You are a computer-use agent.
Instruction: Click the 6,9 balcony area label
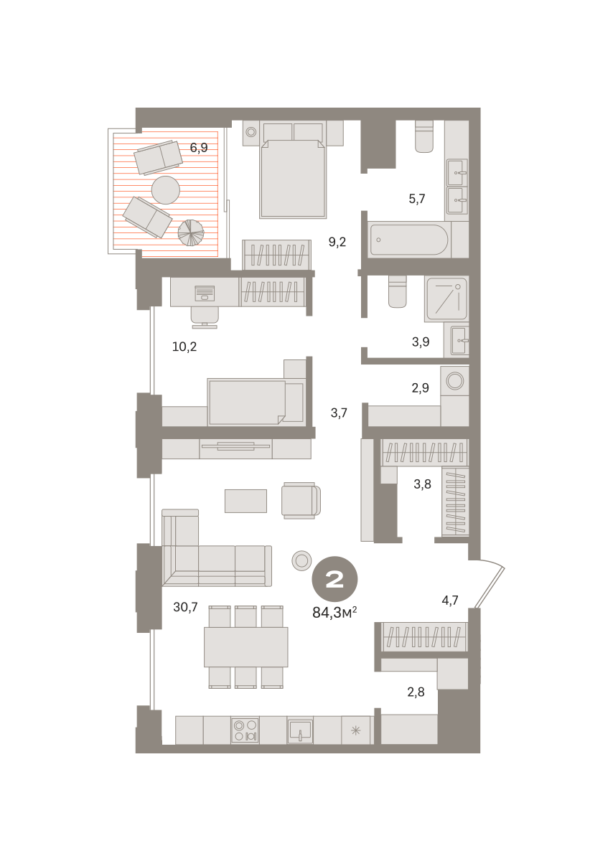pos(199,148)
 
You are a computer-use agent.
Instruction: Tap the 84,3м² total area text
pos(334,613)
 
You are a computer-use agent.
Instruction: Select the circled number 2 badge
pos(334,579)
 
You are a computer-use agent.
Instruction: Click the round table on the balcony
pos(166,190)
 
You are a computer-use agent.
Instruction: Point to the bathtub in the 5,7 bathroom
pos(409,240)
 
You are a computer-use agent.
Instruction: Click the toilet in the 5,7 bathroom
pos(424,136)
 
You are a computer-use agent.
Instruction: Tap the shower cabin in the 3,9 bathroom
pos(446,298)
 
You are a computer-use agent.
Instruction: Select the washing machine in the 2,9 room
pos(455,381)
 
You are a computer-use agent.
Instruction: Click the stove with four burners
pos(245,730)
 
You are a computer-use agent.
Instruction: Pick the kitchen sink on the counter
pos(300,730)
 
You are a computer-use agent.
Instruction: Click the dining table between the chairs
pos(245,647)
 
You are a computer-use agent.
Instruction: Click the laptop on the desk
pos(205,293)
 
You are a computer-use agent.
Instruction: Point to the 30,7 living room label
pos(185,607)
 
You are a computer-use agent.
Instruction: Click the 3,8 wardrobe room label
pos(422,484)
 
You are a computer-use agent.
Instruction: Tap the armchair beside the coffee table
pos(301,501)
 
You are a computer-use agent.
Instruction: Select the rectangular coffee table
pos(245,501)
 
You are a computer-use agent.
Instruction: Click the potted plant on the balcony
pos(191,232)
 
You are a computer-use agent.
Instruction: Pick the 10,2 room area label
pos(184,347)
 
